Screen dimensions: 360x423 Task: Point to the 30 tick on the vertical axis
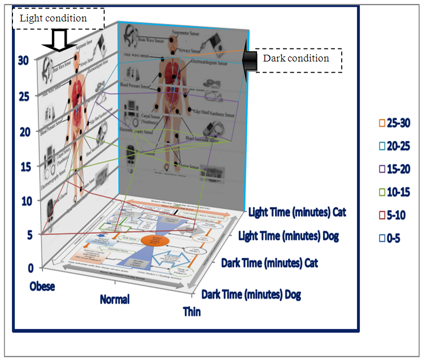(24, 60)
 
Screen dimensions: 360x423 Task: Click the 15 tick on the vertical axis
(24, 166)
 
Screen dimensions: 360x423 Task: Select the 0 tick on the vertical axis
(23, 268)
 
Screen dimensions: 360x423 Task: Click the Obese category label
(42, 286)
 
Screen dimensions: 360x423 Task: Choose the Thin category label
(192, 311)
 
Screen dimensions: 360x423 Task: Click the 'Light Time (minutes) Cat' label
(296, 212)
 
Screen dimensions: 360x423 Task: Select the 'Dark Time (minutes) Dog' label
(251, 293)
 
